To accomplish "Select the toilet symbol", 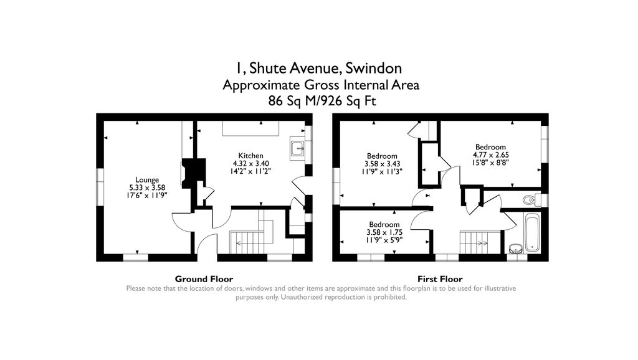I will (530, 200).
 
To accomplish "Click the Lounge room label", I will (147, 180).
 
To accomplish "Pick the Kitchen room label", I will (250, 156).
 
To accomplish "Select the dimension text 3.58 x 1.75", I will (381, 232).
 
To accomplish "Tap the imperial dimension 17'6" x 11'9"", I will (147, 195).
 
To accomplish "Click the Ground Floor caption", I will (204, 279).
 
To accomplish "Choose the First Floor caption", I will (439, 279).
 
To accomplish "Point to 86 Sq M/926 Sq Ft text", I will (321, 101).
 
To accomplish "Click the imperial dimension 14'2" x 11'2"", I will (250, 171).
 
